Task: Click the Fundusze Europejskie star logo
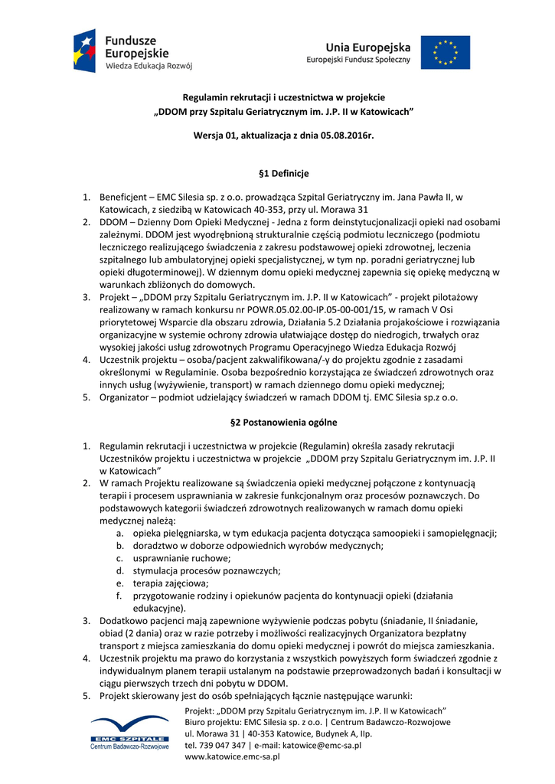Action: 84,51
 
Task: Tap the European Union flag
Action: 445,52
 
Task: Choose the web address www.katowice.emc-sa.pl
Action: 233,756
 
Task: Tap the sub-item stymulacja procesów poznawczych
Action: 207,571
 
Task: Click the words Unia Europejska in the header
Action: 367,47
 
